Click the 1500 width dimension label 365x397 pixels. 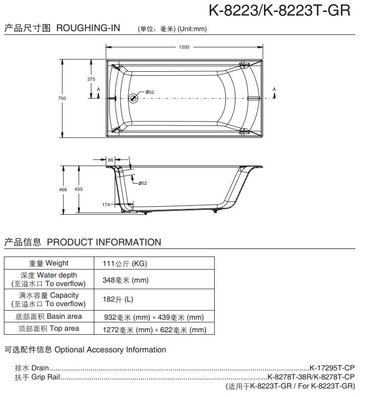184,47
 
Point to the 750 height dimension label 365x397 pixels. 62,98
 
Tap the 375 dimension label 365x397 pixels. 91,79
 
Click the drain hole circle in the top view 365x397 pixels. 133,98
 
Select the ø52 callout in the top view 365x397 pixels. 150,92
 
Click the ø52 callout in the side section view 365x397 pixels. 143,183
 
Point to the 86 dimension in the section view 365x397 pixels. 111,160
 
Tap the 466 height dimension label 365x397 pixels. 63,189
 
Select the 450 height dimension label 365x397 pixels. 78,189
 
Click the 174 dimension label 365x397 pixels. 106,205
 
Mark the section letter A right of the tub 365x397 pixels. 274,89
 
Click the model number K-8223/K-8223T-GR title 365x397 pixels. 279,11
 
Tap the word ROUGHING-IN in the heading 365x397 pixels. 88,28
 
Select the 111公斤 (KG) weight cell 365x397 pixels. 125,263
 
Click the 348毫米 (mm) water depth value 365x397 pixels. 126,280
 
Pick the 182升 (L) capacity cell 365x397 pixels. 118,299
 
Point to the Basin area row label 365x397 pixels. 49,317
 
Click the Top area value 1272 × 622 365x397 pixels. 155,330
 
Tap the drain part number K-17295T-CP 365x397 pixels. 332,367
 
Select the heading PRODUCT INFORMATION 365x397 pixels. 104,242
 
